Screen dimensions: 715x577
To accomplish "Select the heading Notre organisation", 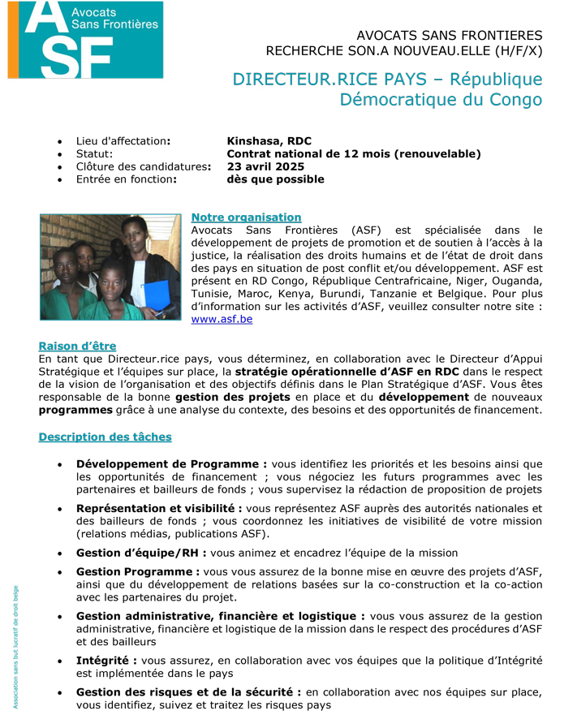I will (246, 218).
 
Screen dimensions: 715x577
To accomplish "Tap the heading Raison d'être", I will (77, 346).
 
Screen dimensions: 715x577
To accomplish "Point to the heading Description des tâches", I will (105, 437).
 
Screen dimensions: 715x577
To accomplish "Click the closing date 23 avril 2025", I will (265, 166).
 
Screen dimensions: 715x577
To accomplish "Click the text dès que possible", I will (275, 179).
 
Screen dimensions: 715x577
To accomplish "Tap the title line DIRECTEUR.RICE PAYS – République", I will (387, 80).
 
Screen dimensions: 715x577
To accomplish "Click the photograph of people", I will (110, 267).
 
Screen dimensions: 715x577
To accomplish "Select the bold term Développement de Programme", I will (171, 463).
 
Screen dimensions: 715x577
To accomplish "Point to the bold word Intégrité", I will (106, 661).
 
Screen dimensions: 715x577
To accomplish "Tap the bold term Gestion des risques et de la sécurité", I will (188, 692).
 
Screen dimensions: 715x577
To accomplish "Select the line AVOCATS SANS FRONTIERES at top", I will (450, 36).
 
